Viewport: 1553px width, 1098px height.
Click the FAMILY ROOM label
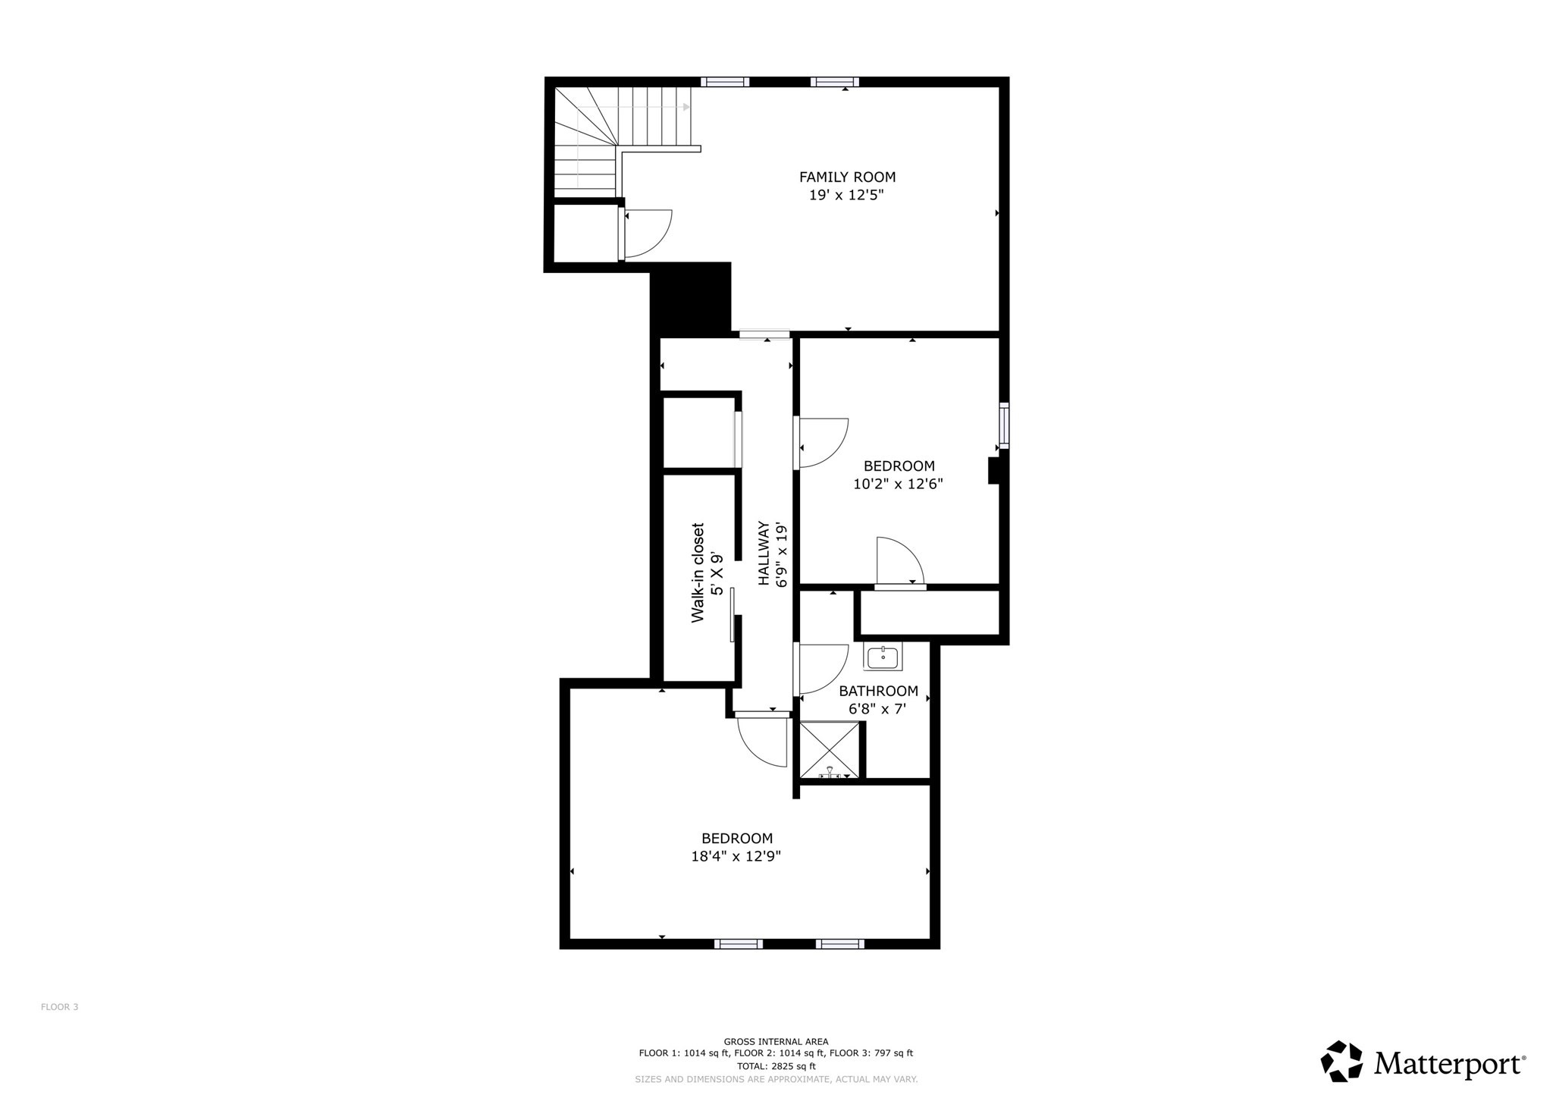tap(847, 177)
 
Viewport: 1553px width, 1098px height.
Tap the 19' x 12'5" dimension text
tap(847, 196)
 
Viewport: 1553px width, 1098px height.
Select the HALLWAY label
tap(764, 553)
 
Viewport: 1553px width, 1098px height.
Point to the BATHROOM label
tap(878, 692)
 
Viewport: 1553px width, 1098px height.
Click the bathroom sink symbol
tap(883, 657)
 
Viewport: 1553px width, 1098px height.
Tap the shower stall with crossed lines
tap(830, 749)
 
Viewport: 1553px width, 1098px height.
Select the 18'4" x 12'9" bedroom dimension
tap(736, 857)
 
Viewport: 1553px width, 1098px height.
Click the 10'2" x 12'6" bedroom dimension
tap(898, 485)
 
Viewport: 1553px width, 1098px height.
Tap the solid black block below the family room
tap(691, 299)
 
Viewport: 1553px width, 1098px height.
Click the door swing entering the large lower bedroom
tap(763, 742)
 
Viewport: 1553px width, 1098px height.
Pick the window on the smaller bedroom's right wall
tap(1004, 425)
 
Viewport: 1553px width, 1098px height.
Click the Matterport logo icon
tap(1341, 1061)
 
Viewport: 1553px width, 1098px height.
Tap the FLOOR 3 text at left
tap(59, 1007)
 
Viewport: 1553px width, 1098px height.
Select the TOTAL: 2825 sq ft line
tap(776, 1065)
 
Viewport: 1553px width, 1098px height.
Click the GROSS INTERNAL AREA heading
tap(776, 1042)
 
